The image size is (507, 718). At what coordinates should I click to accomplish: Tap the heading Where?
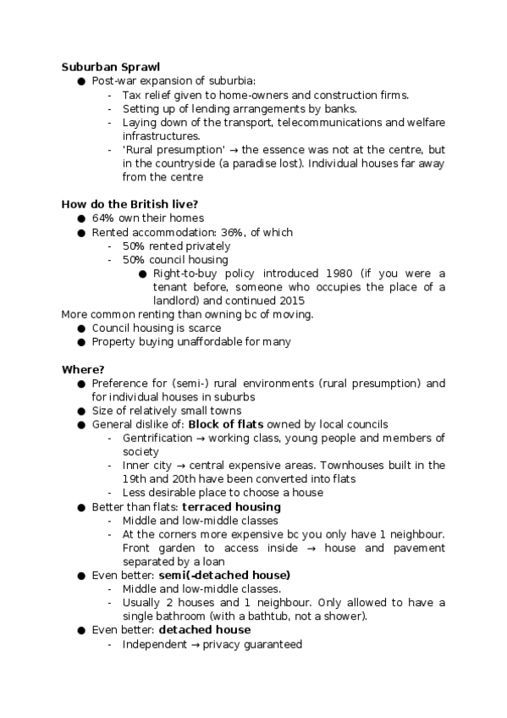[x=83, y=369]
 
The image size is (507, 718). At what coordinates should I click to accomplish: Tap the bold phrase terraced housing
[x=231, y=507]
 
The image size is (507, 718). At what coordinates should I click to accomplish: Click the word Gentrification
[x=157, y=438]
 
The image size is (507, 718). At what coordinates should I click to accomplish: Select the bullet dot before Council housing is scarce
[x=81, y=329]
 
